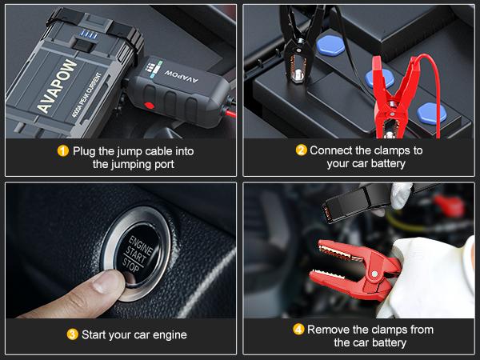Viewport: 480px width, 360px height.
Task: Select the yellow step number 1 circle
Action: coord(62,150)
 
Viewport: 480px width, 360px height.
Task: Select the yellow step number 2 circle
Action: coord(301,150)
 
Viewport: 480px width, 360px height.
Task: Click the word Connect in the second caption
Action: coord(332,150)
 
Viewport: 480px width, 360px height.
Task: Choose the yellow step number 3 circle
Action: coord(72,334)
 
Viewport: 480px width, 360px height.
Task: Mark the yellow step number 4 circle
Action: coord(298,329)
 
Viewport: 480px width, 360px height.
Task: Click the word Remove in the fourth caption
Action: coord(329,329)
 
